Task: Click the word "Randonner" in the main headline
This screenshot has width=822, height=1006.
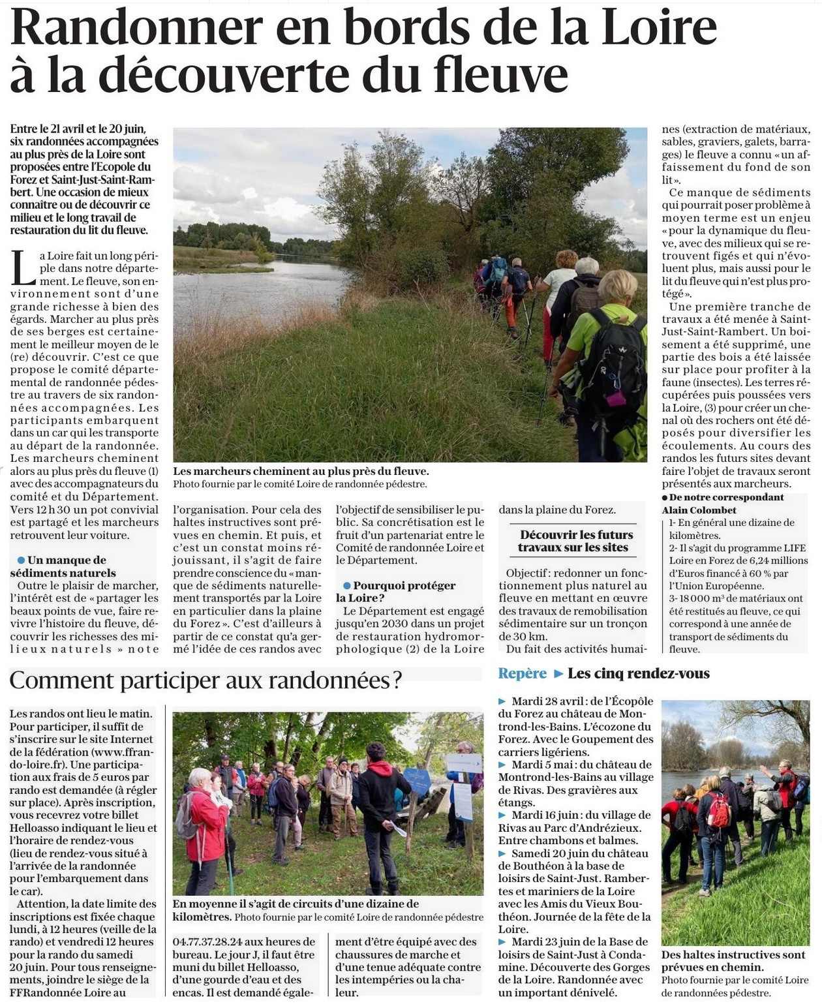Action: click(x=136, y=27)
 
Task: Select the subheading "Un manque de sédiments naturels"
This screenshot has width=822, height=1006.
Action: click(x=63, y=566)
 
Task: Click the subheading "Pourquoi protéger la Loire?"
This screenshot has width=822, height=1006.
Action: click(x=396, y=591)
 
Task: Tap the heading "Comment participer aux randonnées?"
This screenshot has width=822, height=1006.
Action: click(x=205, y=680)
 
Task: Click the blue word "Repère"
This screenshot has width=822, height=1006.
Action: click(x=522, y=673)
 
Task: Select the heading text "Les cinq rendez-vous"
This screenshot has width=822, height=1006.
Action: click(x=638, y=673)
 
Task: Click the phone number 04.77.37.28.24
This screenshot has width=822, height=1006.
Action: click(x=207, y=942)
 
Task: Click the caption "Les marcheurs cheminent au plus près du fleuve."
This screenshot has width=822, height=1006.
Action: click(x=301, y=471)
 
